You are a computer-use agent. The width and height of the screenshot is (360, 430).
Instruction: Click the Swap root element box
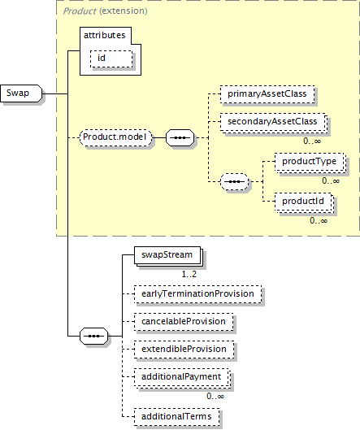point(21,93)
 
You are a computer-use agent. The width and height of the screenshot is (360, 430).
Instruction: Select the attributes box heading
point(105,36)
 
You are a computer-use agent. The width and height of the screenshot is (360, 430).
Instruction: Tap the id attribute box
point(111,59)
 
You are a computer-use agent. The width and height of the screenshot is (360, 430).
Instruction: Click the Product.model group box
point(116,137)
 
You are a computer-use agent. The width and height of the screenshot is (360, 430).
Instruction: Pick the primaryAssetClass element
point(267,94)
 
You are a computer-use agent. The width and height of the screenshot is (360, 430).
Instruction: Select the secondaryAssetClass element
point(272,122)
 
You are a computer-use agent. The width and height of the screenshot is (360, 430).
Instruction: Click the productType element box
point(310,162)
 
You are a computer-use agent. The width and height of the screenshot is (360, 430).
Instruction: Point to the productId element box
point(303,202)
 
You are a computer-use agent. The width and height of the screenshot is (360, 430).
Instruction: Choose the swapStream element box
point(167,255)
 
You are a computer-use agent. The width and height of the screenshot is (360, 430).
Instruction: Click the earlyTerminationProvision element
point(198,294)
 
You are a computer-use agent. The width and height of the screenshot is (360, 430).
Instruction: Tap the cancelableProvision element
point(184,322)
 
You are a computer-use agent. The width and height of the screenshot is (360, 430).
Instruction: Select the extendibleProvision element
point(184,350)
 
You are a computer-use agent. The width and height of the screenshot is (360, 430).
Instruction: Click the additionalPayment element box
point(181,377)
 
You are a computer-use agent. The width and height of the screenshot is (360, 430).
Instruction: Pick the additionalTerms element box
point(177,417)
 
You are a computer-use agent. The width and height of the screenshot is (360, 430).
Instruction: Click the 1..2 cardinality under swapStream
point(189,274)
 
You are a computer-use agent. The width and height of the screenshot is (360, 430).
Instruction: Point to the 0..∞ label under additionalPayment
point(215,396)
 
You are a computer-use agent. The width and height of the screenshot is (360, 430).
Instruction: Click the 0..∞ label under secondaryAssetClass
point(312,141)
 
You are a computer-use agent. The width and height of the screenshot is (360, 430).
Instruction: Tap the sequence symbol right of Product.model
point(180,137)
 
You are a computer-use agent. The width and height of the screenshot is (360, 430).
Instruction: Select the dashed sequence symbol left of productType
point(234,181)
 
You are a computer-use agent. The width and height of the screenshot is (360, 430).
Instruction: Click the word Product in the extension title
point(80,11)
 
